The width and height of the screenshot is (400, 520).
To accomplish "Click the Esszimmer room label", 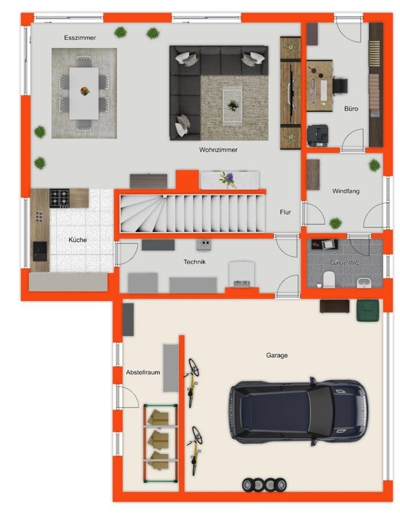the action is pyautogui.click(x=80, y=38).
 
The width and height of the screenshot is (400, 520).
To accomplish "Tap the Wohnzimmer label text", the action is pyautogui.click(x=218, y=150).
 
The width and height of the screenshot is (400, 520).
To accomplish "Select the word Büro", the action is pyautogui.click(x=351, y=108).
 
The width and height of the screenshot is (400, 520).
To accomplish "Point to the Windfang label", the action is pyautogui.click(x=346, y=191).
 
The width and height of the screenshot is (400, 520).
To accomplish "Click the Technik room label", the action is pyautogui.click(x=194, y=262).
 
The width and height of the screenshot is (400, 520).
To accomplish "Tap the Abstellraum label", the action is pyautogui.click(x=143, y=372).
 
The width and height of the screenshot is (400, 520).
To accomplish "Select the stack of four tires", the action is pyautogui.click(x=264, y=485).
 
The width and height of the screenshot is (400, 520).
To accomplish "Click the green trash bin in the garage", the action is pyautogui.click(x=368, y=311).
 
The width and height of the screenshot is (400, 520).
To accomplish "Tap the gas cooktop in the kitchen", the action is pyautogui.click(x=59, y=198).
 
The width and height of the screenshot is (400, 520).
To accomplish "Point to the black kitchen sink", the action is pyautogui.click(x=40, y=251).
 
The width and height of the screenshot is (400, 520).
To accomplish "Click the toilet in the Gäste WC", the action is pyautogui.click(x=329, y=279).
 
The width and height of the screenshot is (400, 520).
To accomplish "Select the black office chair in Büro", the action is pyautogui.click(x=340, y=86).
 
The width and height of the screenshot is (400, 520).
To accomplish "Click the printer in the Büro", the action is pyautogui.click(x=318, y=135).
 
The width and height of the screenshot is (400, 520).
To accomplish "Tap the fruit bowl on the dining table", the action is pyautogui.click(x=85, y=91).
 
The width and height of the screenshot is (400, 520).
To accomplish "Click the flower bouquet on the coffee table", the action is pyautogui.click(x=232, y=106).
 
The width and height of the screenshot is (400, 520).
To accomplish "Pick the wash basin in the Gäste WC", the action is pyautogui.click(x=363, y=283).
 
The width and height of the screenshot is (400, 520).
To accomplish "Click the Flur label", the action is pyautogui.click(x=285, y=212).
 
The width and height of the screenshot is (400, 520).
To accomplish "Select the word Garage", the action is pyautogui.click(x=277, y=355).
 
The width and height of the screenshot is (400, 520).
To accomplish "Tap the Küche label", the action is pyautogui.click(x=77, y=240).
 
